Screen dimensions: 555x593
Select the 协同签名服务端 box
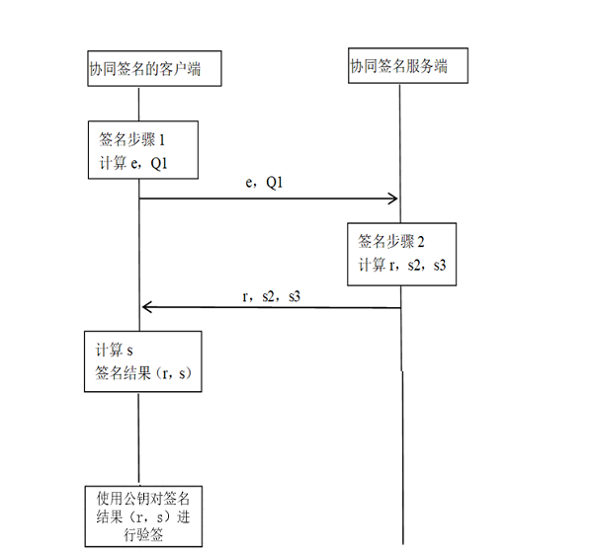(x=406, y=67)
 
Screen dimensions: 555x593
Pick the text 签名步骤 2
(x=393, y=241)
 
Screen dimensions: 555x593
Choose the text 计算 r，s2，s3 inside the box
(x=404, y=264)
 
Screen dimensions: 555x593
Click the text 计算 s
(x=115, y=350)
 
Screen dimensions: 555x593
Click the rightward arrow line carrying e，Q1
(x=267, y=198)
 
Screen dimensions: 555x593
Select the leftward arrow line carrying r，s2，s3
(x=272, y=307)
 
